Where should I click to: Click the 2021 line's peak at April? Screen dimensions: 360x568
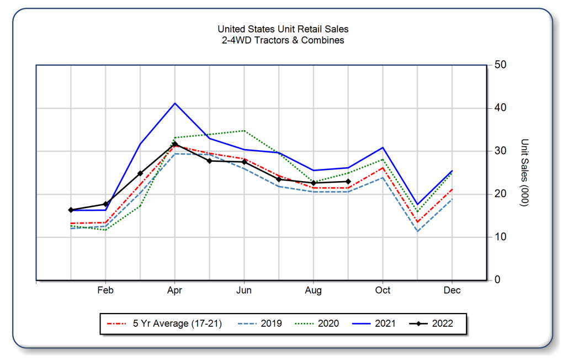click(175, 103)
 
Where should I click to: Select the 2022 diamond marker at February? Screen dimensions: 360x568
click(105, 204)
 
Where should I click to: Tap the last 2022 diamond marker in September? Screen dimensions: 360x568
click(348, 181)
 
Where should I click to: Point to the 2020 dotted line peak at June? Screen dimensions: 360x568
click(244, 131)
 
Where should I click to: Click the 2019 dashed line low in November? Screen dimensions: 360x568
click(418, 231)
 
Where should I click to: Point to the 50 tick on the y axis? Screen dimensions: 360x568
click(501, 65)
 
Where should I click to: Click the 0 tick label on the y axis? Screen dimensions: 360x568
click(497, 280)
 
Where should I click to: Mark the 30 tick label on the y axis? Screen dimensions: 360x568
click(501, 151)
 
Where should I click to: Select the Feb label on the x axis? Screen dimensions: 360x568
click(105, 290)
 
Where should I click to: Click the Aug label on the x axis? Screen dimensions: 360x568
click(314, 290)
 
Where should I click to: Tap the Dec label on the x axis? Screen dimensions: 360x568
click(452, 290)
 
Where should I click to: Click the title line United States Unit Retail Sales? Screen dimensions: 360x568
click(283, 29)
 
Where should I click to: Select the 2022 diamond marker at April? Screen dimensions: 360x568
click(175, 144)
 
